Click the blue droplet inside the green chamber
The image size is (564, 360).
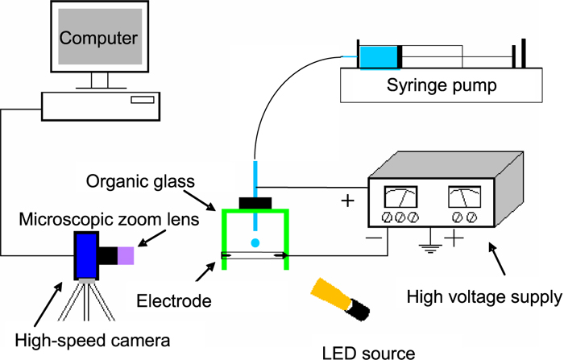click(255, 242)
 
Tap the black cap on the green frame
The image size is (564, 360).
click(255, 202)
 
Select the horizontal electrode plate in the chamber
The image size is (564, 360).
click(255, 256)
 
